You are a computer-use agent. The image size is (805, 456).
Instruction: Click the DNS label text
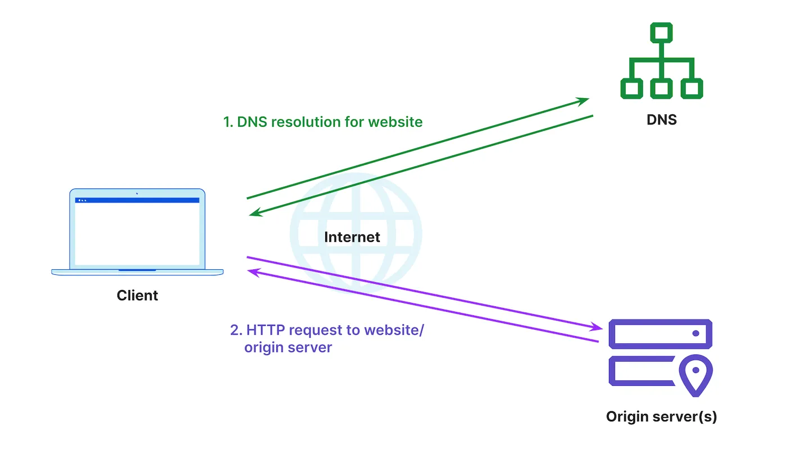click(x=661, y=119)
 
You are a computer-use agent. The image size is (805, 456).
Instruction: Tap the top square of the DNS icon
click(x=662, y=33)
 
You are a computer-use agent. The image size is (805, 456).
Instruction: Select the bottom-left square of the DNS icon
click(x=631, y=88)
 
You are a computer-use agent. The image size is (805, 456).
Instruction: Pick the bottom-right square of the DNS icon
click(x=692, y=88)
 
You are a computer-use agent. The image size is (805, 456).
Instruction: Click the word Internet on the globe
click(x=352, y=237)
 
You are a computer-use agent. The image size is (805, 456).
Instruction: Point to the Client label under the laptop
click(x=137, y=296)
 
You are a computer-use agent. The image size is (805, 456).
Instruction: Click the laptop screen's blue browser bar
click(x=137, y=200)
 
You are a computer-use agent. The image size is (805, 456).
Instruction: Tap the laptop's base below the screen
click(x=137, y=272)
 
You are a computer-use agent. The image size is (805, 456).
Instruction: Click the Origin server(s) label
click(x=661, y=417)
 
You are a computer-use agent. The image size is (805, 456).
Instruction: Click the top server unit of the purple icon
click(x=661, y=333)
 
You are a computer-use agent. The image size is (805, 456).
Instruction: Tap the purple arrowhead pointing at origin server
click(x=597, y=326)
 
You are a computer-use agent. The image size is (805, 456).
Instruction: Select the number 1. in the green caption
click(x=228, y=122)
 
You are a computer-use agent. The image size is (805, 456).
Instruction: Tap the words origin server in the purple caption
click(x=288, y=348)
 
